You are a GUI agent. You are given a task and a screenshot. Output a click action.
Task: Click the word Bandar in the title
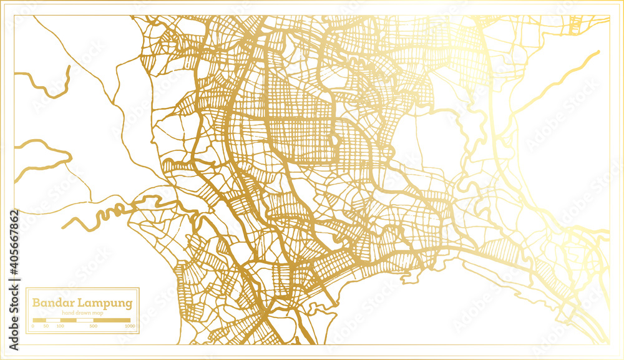pyautogui.click(x=52, y=303)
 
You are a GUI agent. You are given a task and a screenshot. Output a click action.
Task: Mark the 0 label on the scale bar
pyautogui.click(x=32, y=326)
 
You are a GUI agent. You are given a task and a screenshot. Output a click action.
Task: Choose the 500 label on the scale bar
pyautogui.click(x=93, y=326)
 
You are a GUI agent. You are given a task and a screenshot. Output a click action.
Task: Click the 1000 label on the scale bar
pyautogui.click(x=129, y=326)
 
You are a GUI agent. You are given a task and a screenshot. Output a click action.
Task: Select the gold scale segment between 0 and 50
pyautogui.click(x=39, y=320)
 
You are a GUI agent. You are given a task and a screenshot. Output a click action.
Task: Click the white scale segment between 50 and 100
pyautogui.click(x=54, y=320)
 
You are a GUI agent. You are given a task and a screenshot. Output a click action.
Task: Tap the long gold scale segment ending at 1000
pyautogui.click(x=112, y=320)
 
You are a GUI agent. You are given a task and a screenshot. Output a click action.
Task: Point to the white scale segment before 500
pyautogui.click(x=84, y=320)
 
